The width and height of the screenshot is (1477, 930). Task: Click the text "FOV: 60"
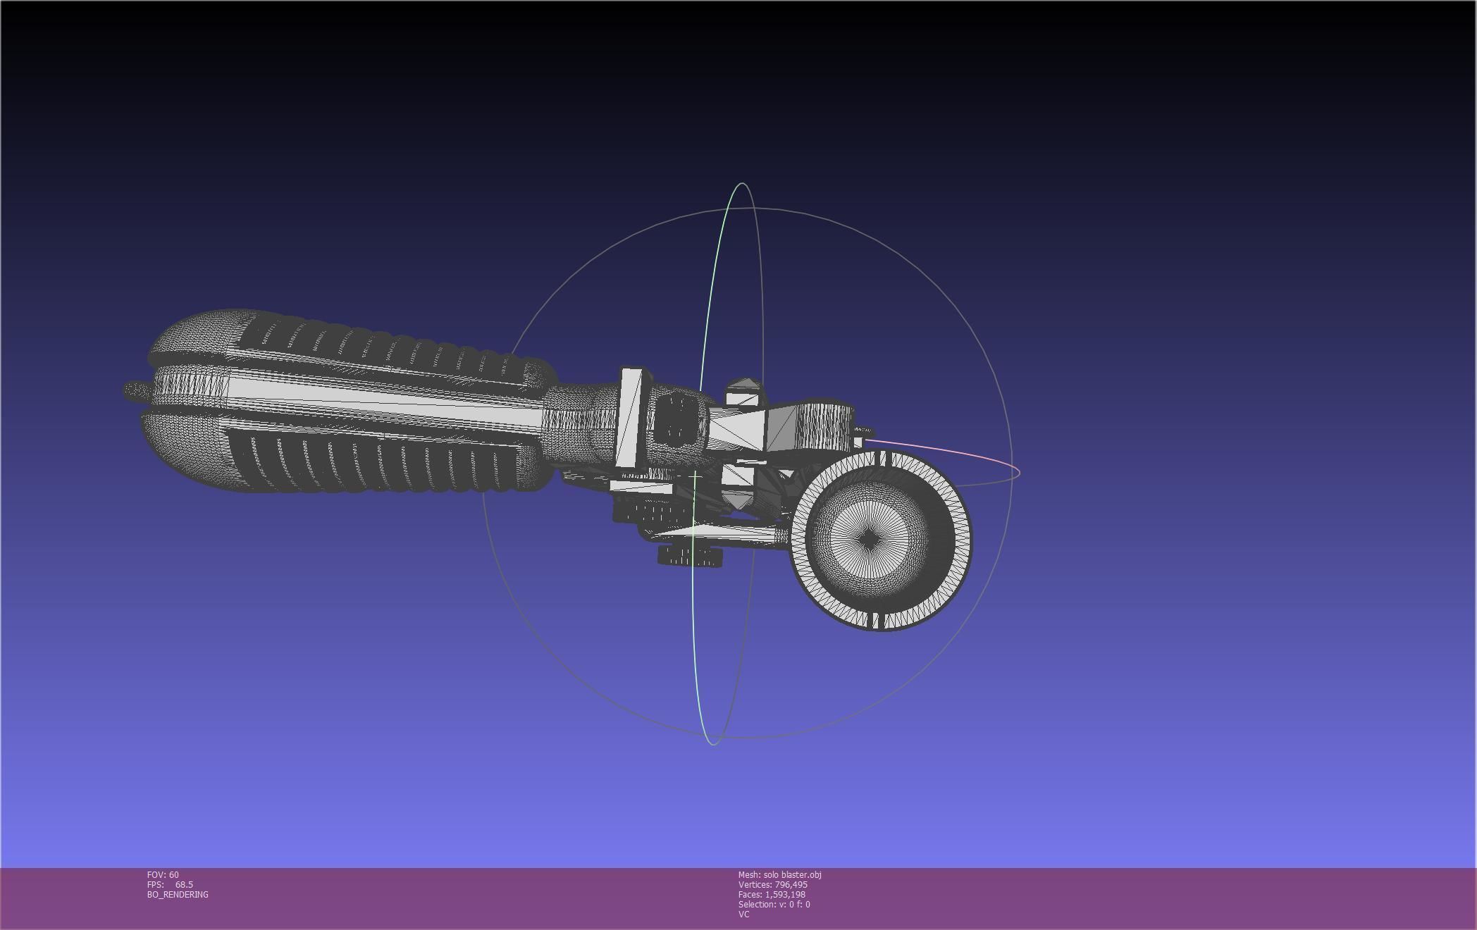tap(163, 874)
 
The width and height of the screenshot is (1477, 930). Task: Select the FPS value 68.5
tap(184, 884)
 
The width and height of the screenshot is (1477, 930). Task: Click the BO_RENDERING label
tap(178, 894)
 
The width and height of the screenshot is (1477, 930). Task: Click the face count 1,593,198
tap(785, 894)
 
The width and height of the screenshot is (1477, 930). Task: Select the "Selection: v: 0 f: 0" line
tap(774, 904)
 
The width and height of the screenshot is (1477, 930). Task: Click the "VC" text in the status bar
tap(743, 914)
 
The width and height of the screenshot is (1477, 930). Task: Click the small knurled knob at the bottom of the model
tap(689, 557)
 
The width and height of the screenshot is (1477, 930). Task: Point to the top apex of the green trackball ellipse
tap(742, 184)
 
